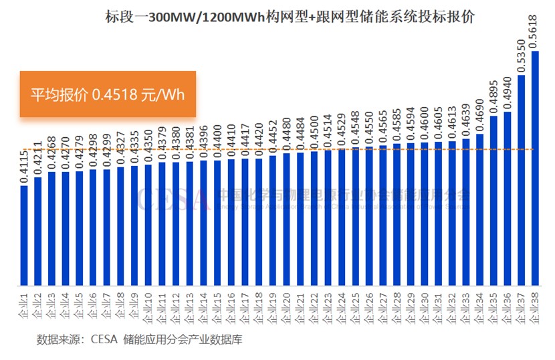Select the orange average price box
[107, 94]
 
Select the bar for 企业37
[522, 181]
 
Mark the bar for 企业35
[494, 201]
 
